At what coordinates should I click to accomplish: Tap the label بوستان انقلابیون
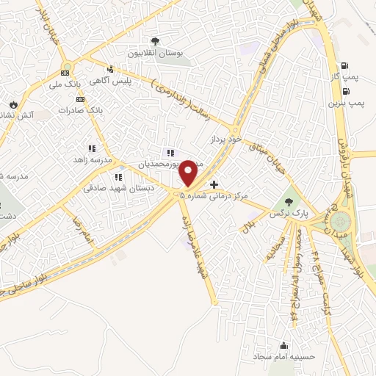point(155,54)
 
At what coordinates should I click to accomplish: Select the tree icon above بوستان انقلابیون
point(155,41)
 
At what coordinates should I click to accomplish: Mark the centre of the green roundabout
point(339,221)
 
